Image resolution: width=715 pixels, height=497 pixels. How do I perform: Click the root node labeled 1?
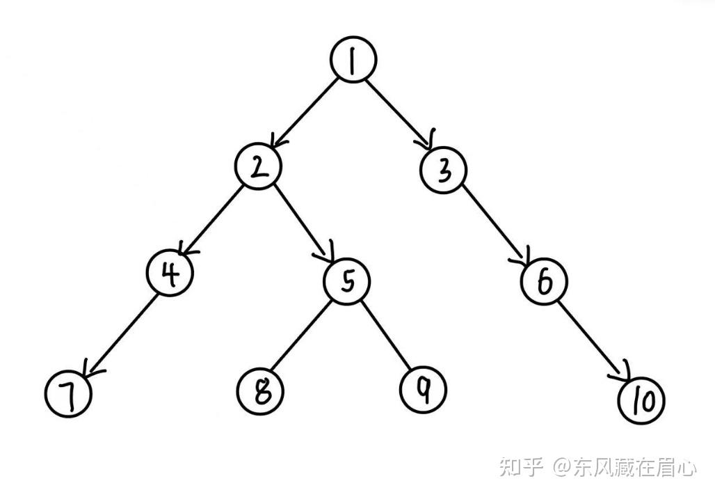click(354, 60)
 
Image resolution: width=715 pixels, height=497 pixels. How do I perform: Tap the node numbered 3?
click(444, 170)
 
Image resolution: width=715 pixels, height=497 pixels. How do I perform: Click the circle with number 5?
click(348, 281)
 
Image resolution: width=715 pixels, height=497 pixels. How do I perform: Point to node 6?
click(545, 281)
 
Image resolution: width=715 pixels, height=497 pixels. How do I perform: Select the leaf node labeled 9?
click(424, 388)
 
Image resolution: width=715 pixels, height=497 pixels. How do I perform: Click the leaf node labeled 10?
click(641, 400)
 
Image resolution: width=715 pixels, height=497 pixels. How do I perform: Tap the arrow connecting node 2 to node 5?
click(304, 223)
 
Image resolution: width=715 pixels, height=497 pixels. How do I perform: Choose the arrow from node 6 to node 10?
click(593, 340)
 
